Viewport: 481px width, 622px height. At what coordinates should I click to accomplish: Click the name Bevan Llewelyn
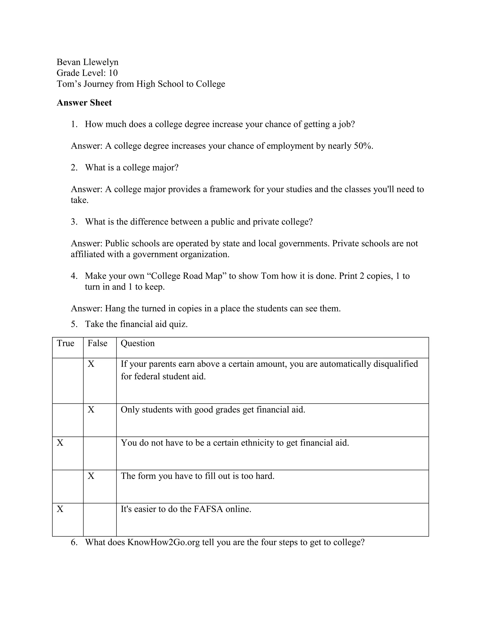coord(87,62)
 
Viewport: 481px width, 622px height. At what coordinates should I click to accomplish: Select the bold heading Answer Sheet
coord(84,103)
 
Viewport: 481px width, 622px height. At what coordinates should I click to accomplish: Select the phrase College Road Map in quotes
coord(186,276)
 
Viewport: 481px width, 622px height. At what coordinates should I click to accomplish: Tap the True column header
coord(65,343)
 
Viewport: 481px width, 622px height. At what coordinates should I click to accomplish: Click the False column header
coord(97,343)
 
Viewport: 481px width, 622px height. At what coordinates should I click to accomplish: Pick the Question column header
coord(137,343)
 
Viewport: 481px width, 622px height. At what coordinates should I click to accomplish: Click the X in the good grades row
coord(91,410)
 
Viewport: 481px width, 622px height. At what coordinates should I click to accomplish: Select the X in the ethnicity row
coord(60,443)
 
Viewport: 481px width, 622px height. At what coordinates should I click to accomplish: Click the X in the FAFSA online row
coord(60,509)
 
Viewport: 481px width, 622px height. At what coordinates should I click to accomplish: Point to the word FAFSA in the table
coord(208,509)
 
